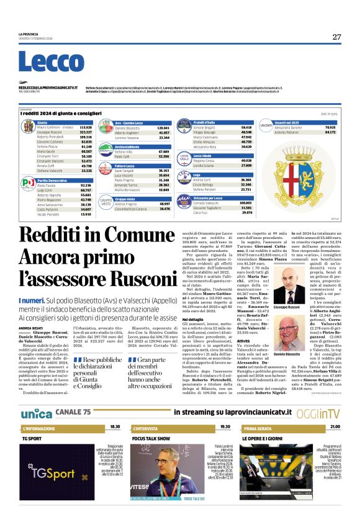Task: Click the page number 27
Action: [336, 37]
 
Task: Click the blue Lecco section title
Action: [43, 62]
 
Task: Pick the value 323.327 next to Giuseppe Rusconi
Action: [86, 132]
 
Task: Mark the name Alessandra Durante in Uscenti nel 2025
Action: [288, 127]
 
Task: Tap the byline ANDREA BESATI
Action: [29, 328]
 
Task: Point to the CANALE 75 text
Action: [73, 413]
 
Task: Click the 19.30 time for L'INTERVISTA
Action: [225, 427]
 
